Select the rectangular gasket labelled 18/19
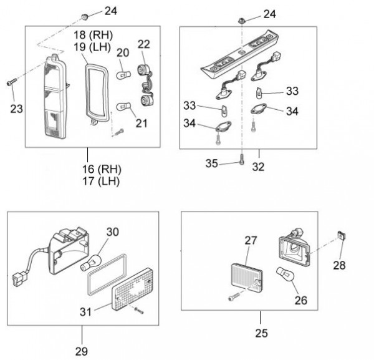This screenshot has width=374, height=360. coord(95,87)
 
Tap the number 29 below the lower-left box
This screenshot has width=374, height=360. coord(82,351)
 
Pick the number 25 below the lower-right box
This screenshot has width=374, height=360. coord(262,333)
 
